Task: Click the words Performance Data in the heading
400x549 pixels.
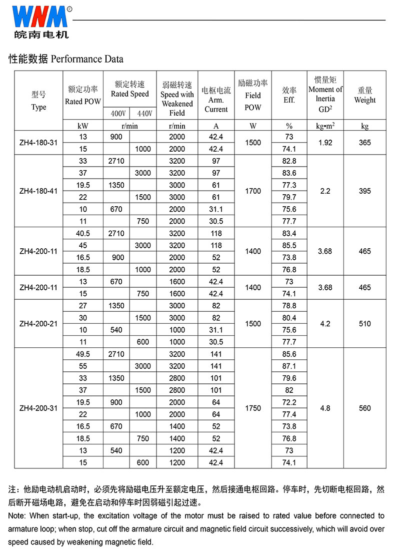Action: pos(87,59)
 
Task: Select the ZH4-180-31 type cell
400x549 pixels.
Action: pos(38,143)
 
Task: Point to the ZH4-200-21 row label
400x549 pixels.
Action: pos(38,324)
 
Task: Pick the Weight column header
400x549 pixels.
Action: pos(365,95)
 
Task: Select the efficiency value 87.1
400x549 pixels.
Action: pos(289,366)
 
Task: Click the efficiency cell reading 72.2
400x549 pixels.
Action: pos(289,402)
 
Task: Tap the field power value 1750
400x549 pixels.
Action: pos(253,408)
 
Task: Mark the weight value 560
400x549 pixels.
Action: pos(365,408)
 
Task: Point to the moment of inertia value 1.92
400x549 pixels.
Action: pos(325,143)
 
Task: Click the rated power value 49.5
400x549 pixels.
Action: pos(83,354)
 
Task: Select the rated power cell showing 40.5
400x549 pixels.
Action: pos(83,233)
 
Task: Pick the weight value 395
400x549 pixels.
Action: pos(365,191)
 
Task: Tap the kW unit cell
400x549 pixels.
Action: pos(83,126)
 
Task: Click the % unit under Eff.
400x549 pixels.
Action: pos(289,126)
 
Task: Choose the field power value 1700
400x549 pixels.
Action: pos(253,191)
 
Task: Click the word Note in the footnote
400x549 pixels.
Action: pos(17,515)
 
